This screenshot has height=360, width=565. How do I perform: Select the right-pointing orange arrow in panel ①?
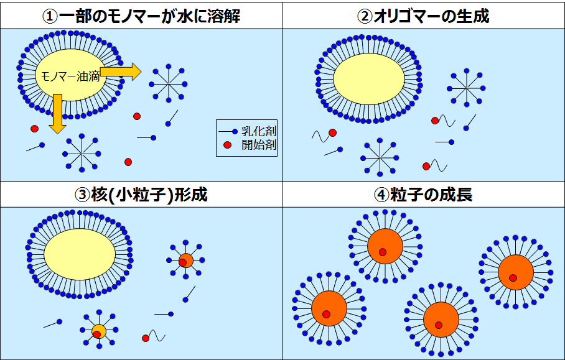click(x=120, y=72)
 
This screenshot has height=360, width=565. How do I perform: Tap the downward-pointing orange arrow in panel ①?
click(x=58, y=114)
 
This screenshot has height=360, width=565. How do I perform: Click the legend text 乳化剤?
click(x=259, y=131)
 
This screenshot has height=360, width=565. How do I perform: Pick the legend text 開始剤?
click(x=259, y=145)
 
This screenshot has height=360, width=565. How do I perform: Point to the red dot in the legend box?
click(x=227, y=145)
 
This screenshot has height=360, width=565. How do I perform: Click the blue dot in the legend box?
click(x=235, y=132)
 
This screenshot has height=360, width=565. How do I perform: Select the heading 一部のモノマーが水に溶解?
click(x=149, y=16)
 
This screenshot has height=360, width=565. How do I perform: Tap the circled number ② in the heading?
click(x=364, y=16)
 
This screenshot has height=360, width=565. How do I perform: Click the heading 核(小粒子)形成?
click(x=149, y=195)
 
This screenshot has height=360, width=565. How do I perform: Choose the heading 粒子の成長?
click(x=431, y=195)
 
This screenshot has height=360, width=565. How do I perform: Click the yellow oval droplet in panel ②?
click(x=369, y=79)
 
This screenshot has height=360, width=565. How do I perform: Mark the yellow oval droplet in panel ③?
click(x=80, y=254)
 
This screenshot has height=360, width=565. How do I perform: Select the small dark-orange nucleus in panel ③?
click(x=186, y=261)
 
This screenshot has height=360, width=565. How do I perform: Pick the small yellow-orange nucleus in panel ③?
click(x=99, y=331)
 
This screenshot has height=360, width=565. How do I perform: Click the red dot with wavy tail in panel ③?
click(x=146, y=338)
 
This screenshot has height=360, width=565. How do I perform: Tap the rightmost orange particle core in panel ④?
click(x=516, y=272)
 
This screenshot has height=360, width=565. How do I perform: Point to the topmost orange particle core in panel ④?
click(x=385, y=247)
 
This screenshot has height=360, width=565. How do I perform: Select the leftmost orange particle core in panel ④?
click(x=329, y=308)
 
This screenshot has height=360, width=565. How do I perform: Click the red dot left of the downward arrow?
click(x=35, y=129)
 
